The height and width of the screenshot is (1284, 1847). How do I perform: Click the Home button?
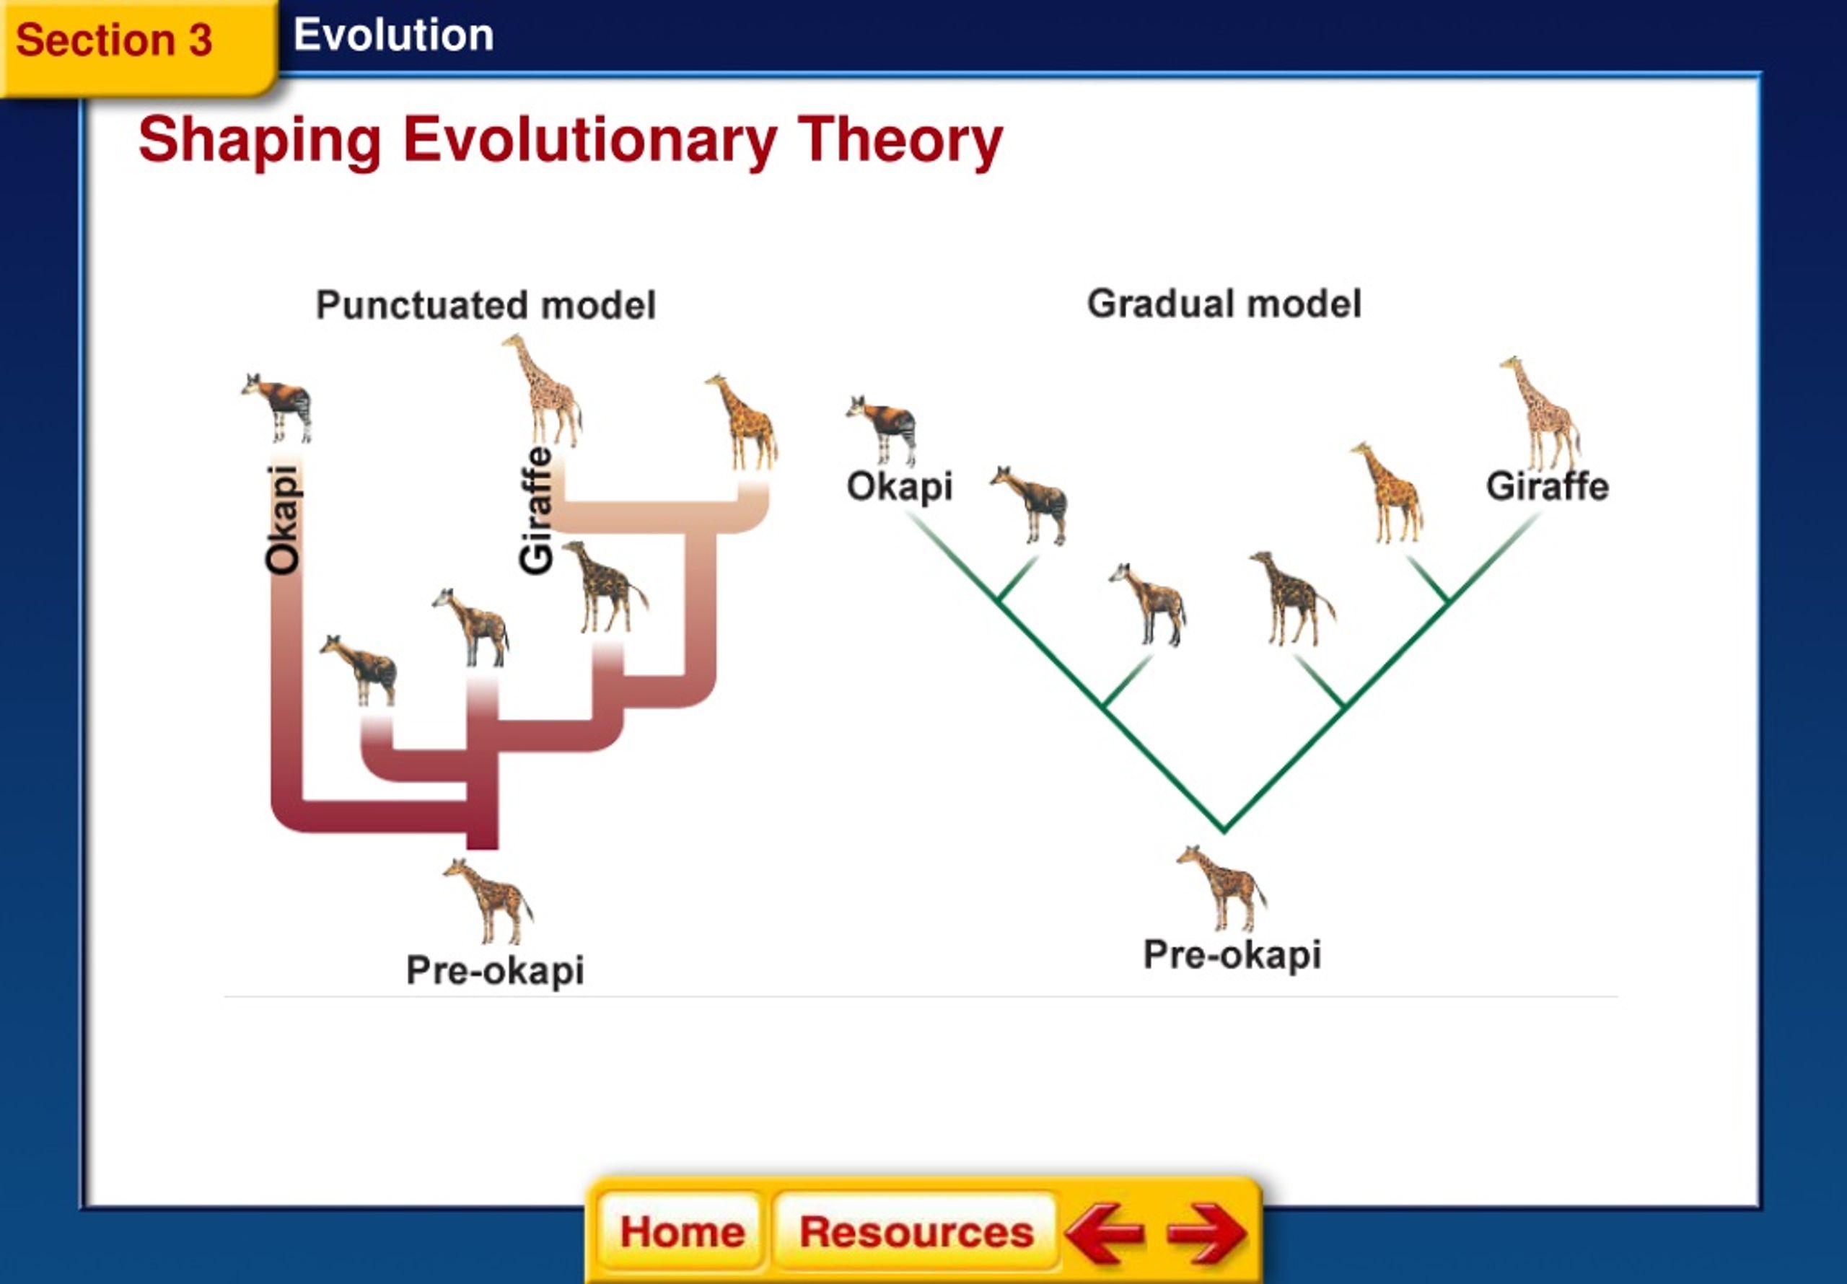pyautogui.click(x=681, y=1232)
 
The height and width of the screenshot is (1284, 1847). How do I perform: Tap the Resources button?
pyautogui.click(x=916, y=1232)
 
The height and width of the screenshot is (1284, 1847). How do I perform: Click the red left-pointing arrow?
pyautogui.click(x=1104, y=1233)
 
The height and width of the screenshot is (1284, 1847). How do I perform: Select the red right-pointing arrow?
pyautogui.click(x=1206, y=1233)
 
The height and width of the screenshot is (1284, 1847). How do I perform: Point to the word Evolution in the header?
pyautogui.click(x=393, y=35)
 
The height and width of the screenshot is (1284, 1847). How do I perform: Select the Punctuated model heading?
pyautogui.click(x=486, y=305)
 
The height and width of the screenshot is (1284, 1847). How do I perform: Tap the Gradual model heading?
pyautogui.click(x=1224, y=304)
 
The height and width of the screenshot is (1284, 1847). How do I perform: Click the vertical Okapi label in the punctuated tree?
pyautogui.click(x=283, y=519)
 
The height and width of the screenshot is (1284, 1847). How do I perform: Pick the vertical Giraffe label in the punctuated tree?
pyautogui.click(x=536, y=510)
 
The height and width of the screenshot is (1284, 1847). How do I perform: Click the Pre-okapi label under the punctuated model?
pyautogui.click(x=495, y=970)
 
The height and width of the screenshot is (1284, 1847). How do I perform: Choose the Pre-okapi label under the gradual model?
pyautogui.click(x=1232, y=955)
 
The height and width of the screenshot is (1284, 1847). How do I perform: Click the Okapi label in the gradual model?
pyautogui.click(x=900, y=487)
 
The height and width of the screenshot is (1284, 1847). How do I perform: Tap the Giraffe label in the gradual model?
pyautogui.click(x=1547, y=487)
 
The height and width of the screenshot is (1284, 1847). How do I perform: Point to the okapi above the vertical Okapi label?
pyautogui.click(x=277, y=407)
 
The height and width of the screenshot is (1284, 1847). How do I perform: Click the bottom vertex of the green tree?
pyautogui.click(x=1224, y=830)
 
